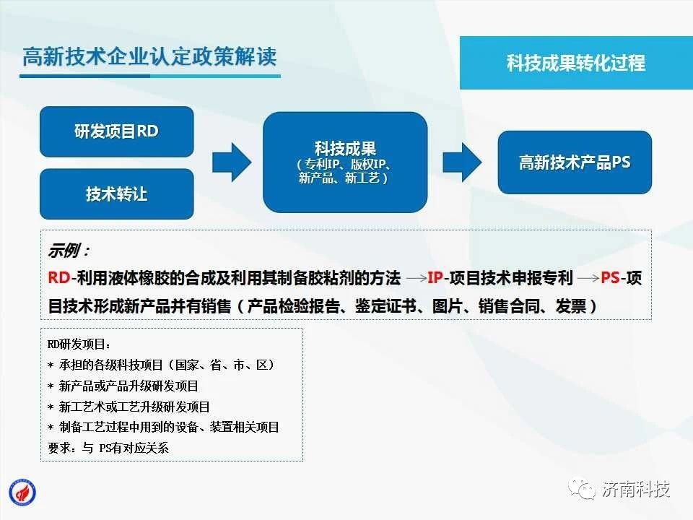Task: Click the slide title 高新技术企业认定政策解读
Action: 149,56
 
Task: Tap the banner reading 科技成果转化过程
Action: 576,63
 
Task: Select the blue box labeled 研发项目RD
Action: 117,131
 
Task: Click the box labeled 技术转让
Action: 117,194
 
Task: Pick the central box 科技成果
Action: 345,162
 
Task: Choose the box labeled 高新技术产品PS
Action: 575,162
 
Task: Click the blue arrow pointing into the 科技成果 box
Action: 232,162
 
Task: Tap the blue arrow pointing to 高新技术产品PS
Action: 462,162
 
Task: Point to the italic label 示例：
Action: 69,251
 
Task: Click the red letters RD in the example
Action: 58,277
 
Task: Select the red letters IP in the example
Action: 435,277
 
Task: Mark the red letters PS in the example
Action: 610,277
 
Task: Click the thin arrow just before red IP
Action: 417,278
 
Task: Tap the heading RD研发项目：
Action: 79,344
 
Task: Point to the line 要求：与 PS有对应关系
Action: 108,448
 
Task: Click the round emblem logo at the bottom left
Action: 22,493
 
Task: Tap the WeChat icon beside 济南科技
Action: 582,489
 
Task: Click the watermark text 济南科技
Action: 635,489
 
